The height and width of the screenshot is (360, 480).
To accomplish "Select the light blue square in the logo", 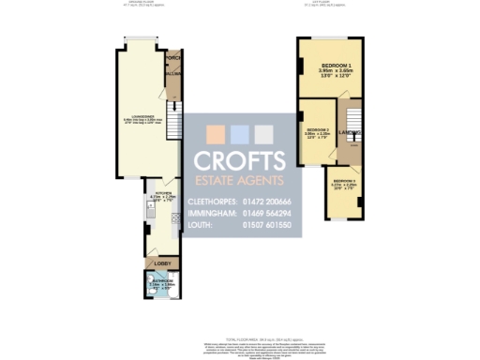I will [240, 133].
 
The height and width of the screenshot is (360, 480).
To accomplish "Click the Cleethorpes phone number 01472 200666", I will [266, 202].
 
